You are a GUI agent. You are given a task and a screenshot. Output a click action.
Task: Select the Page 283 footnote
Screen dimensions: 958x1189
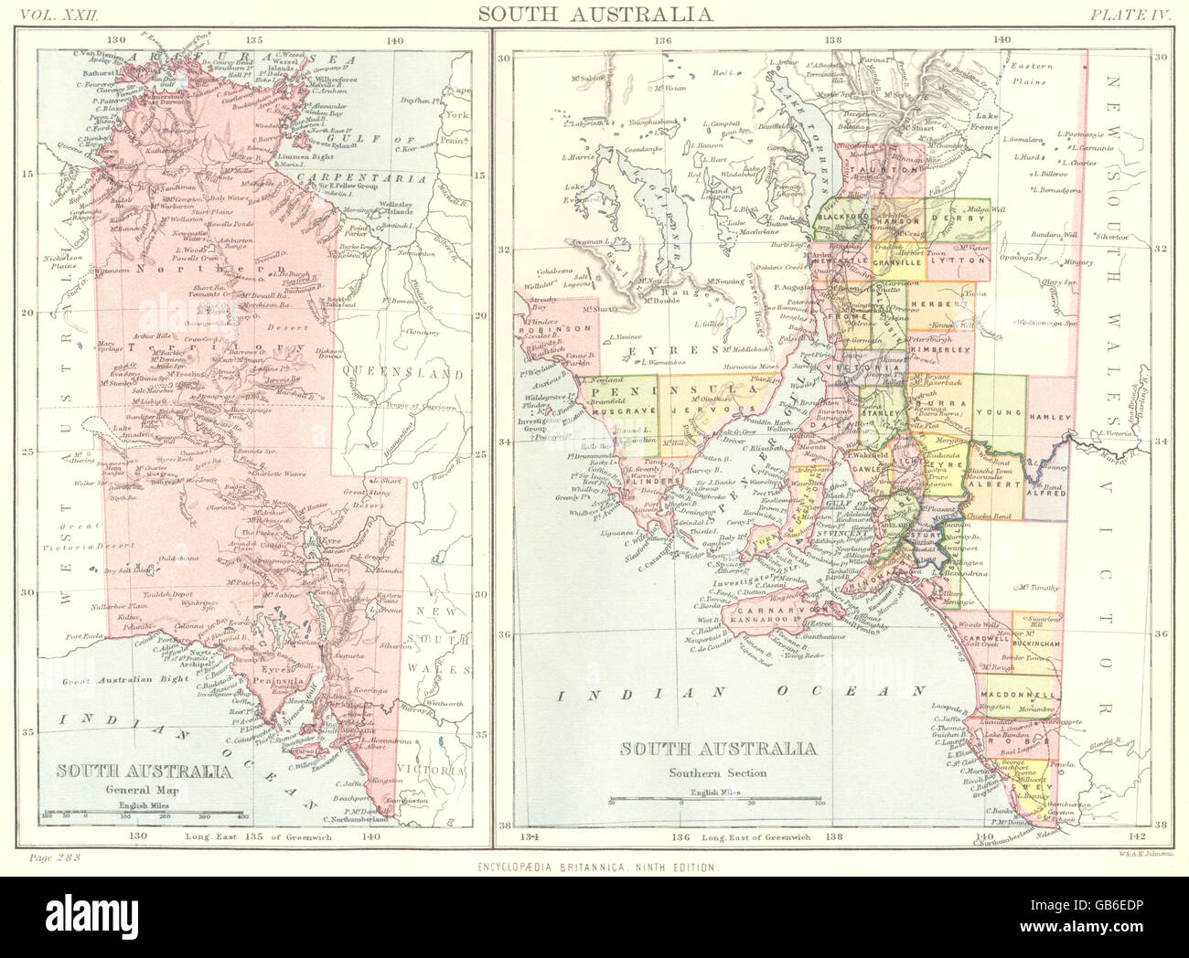pyautogui.click(x=56, y=857)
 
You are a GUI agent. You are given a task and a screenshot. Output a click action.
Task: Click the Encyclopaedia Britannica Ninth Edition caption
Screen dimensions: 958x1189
pyautogui.click(x=594, y=867)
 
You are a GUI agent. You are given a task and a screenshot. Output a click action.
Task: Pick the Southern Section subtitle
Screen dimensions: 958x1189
pyautogui.click(x=717, y=772)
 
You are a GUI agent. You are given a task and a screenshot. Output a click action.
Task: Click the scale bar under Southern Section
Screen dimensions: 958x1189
pyautogui.click(x=717, y=800)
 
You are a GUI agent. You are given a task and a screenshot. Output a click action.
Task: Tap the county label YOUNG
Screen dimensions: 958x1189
pyautogui.click(x=999, y=412)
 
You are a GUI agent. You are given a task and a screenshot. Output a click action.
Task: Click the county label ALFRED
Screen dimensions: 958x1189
pyautogui.click(x=1044, y=493)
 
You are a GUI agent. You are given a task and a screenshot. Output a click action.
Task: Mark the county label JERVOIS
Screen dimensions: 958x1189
pyautogui.click(x=697, y=412)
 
